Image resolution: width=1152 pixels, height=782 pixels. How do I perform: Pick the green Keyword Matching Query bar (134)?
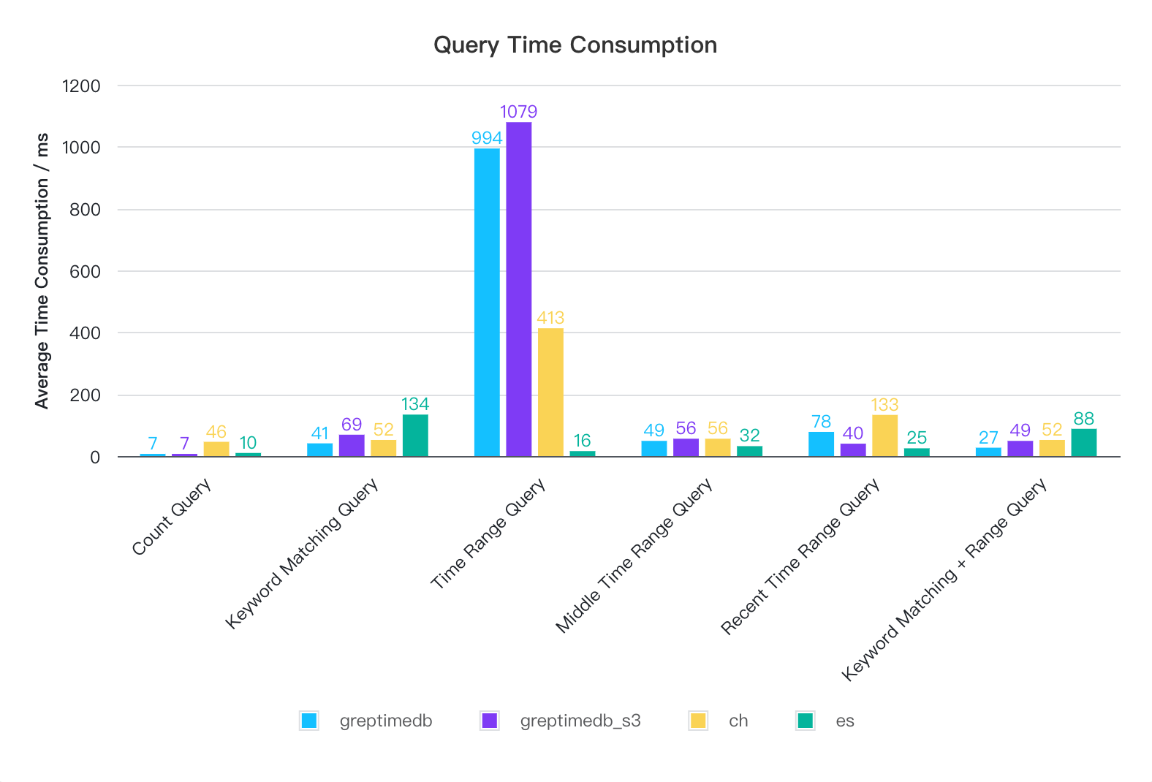pos(415,436)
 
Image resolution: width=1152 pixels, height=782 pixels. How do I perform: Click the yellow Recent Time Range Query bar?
pos(884,436)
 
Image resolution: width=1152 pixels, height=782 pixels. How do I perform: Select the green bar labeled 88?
pos(1084,443)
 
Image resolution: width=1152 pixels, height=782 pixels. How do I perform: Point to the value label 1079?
pos(519,112)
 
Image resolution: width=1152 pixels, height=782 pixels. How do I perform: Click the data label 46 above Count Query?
pos(216,432)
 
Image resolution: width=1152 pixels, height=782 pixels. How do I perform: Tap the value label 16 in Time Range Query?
pos(582,441)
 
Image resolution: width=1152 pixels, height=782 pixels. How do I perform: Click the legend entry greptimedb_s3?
pos(580,721)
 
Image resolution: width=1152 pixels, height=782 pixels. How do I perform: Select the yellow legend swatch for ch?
pos(698,721)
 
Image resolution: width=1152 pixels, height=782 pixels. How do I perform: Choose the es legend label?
pos(845,721)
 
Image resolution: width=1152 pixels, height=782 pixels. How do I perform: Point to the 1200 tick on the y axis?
pos(81,86)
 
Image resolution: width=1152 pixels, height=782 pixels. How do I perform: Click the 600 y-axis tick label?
pos(86,272)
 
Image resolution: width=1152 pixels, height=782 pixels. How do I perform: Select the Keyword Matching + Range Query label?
pos(944,580)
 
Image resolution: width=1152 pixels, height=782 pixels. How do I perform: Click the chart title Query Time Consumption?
pos(575,45)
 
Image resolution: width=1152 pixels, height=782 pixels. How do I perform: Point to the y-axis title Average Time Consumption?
pos(42,271)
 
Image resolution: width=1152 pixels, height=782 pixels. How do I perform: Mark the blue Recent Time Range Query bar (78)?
pos(821,444)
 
